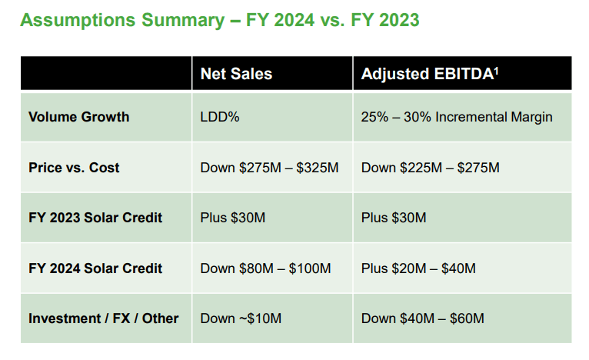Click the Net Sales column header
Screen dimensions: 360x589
tap(236, 74)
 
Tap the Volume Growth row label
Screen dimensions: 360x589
tap(78, 118)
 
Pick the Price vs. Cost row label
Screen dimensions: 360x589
tap(74, 168)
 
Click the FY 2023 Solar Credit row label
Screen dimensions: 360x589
tap(95, 218)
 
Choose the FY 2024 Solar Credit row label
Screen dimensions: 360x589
tap(95, 268)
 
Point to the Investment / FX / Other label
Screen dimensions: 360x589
tap(103, 318)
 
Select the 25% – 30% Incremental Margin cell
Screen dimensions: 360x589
tap(457, 118)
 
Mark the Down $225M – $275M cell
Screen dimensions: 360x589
tap(430, 168)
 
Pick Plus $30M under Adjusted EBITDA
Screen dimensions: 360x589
tap(394, 218)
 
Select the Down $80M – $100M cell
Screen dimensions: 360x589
tap(265, 268)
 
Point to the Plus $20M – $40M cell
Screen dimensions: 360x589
tap(418, 268)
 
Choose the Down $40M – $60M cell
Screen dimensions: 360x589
tap(423, 318)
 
